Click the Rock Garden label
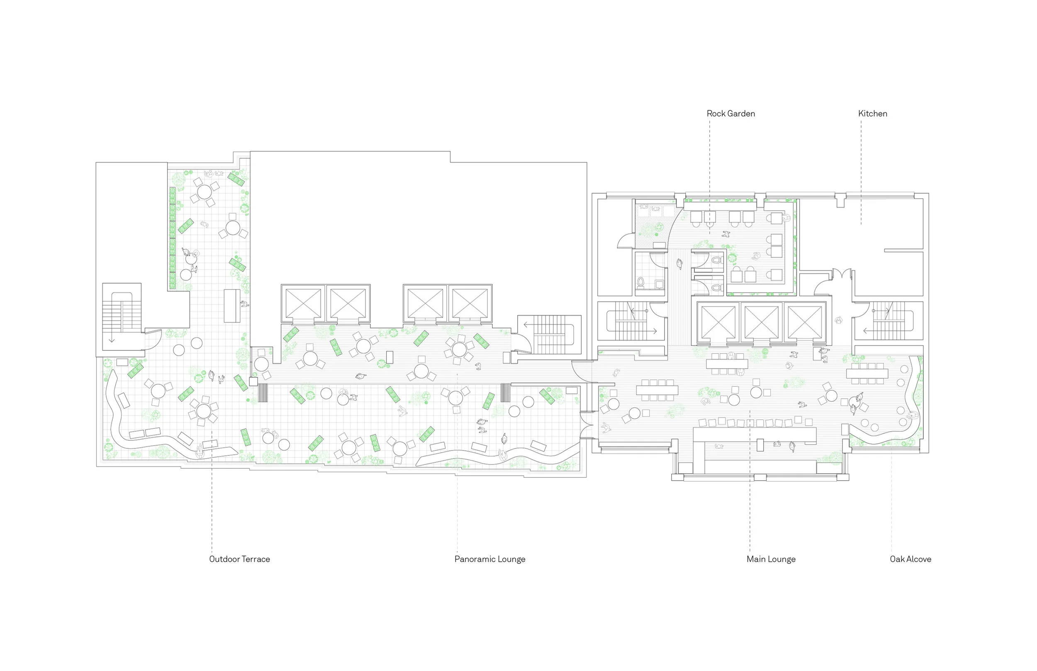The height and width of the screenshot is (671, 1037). click(x=731, y=114)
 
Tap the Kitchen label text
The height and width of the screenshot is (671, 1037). click(x=872, y=114)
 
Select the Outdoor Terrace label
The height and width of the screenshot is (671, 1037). click(x=239, y=559)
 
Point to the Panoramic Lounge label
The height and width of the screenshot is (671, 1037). click(x=490, y=559)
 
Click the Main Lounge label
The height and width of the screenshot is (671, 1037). click(x=771, y=559)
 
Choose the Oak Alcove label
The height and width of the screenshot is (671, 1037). click(x=910, y=559)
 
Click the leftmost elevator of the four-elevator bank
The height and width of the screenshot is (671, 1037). click(x=303, y=303)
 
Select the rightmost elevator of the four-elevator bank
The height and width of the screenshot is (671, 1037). click(x=470, y=303)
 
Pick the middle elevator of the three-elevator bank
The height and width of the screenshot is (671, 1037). click(x=761, y=321)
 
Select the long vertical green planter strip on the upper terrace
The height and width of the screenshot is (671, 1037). click(x=173, y=238)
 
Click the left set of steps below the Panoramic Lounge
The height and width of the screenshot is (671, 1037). click(x=263, y=392)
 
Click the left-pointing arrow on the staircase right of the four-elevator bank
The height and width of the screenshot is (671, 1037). click(x=526, y=325)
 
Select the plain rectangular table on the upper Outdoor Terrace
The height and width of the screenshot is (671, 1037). click(x=232, y=306)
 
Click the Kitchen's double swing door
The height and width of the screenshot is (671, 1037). click(x=842, y=275)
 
